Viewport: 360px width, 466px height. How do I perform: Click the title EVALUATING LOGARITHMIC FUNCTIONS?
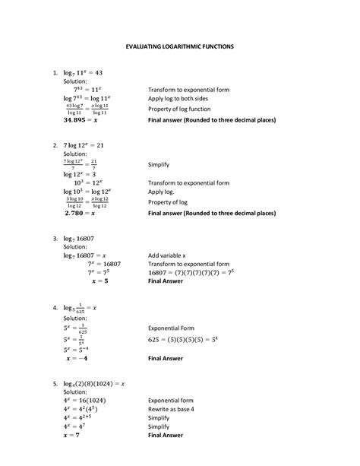click(x=179, y=46)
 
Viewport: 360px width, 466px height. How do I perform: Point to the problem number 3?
click(x=55, y=238)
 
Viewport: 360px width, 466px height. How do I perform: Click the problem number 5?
click(x=55, y=383)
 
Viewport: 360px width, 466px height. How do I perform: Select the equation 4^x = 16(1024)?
click(x=89, y=399)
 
